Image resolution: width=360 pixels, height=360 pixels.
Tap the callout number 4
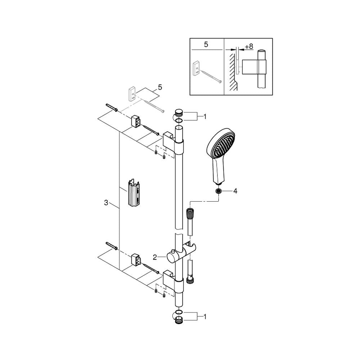coord(235,191)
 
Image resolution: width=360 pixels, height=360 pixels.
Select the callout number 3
coord(106,203)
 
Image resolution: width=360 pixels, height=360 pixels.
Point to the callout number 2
coord(155,257)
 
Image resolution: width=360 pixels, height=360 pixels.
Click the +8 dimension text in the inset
coord(249,46)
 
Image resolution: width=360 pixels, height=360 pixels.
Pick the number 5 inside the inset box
coord(206,44)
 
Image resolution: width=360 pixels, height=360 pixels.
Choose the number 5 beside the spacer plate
coord(160,87)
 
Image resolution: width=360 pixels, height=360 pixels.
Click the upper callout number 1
coord(205,117)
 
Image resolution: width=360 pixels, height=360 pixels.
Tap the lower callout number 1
coord(205,317)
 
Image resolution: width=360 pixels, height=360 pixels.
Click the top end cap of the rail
coord(179,113)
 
